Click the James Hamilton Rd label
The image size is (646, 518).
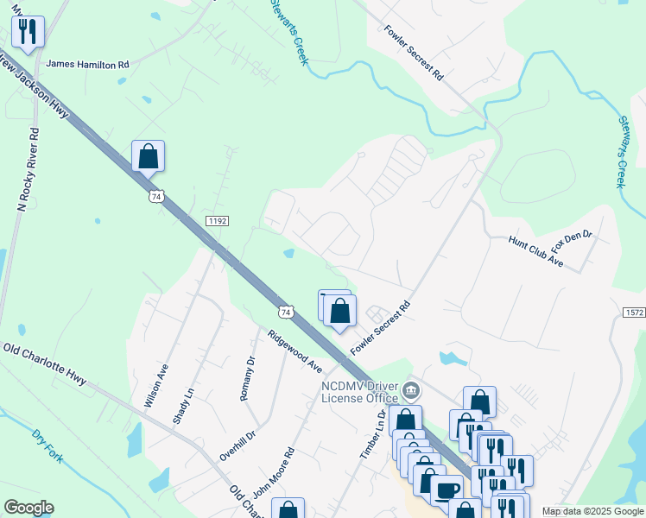point(87,64)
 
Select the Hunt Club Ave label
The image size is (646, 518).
point(535,252)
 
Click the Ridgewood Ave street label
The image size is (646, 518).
point(294,351)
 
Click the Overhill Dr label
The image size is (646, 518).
point(238,445)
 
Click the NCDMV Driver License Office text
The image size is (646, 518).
point(360,392)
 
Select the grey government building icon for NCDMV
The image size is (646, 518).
point(413,392)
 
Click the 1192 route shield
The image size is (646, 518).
point(217,221)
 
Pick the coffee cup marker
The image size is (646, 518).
point(446,490)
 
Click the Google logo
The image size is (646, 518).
point(28,508)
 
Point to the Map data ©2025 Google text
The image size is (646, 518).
point(592,511)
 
